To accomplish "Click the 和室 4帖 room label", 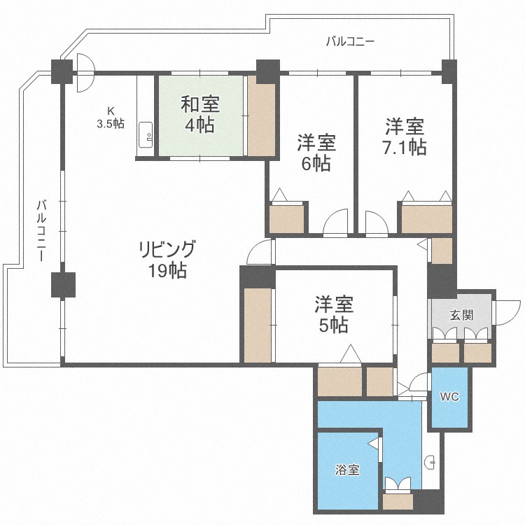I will (x=200, y=115).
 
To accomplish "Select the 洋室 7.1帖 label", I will (x=405, y=137).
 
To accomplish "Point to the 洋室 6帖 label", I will (x=316, y=153).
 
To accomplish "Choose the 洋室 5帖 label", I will (x=334, y=314).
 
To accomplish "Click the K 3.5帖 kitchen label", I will (x=111, y=117).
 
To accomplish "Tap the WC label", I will (x=449, y=397).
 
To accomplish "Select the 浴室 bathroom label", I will (x=347, y=470).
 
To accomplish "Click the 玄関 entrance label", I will (x=461, y=316).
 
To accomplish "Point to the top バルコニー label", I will (x=350, y=41).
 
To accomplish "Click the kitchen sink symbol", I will (x=147, y=136).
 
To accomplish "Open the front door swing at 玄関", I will (x=507, y=311).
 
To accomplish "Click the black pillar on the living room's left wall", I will (x=62, y=284).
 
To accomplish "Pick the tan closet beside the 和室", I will (x=260, y=119).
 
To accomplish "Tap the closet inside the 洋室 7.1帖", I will (x=426, y=218).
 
